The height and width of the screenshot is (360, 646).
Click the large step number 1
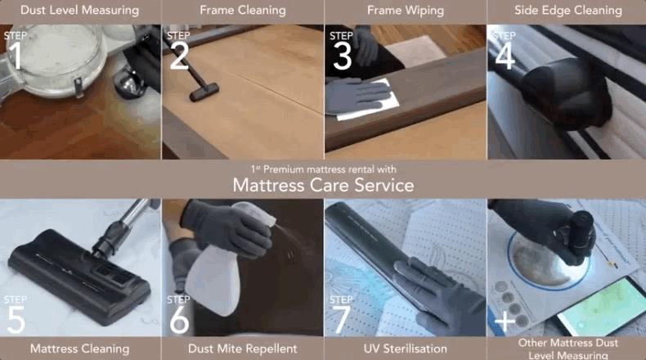pos(15,56)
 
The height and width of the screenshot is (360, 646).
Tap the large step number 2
pos(179,56)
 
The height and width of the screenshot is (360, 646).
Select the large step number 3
pos(343,56)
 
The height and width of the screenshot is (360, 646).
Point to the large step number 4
pos(505,56)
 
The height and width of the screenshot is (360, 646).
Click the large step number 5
pos(16,319)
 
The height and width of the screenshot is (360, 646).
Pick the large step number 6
pos(179,319)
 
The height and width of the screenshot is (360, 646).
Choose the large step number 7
pos(342,319)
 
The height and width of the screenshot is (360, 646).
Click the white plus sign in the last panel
pos(505,321)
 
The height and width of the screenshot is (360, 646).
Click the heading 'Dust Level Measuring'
pos(80,11)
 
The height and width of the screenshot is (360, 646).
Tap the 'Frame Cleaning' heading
pos(243,11)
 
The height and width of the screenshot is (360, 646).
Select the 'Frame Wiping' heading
pos(406,11)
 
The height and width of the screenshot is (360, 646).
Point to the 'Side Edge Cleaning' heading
pos(568,11)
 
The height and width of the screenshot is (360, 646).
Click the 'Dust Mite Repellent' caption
pos(242,349)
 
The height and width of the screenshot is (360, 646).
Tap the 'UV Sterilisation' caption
pos(406,349)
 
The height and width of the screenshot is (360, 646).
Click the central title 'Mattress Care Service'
pos(324,185)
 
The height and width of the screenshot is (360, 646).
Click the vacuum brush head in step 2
pos(204,92)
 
